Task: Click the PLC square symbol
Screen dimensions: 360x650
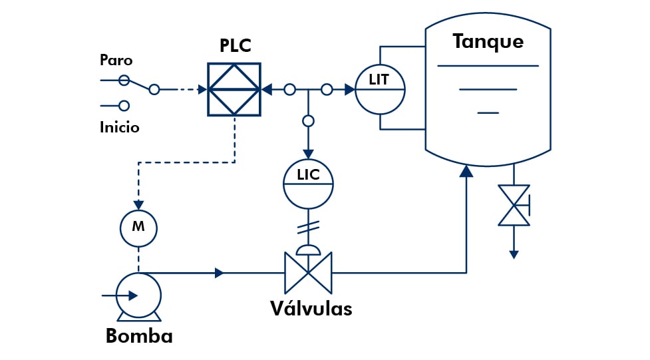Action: click(x=234, y=89)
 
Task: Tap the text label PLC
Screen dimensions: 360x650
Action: click(x=236, y=47)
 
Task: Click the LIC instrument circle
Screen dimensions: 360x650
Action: click(x=308, y=184)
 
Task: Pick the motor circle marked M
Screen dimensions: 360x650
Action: click(x=138, y=226)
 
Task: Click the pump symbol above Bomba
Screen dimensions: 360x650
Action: click(x=138, y=295)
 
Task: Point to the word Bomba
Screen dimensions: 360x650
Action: click(x=139, y=336)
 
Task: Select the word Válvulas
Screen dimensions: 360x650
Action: click(x=311, y=309)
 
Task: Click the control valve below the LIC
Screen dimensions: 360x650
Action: click(x=308, y=272)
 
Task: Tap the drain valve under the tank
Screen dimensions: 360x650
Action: click(x=514, y=206)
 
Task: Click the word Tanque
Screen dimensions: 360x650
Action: click(x=488, y=41)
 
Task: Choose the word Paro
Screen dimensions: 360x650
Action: click(x=116, y=60)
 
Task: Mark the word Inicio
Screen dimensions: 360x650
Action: click(x=120, y=126)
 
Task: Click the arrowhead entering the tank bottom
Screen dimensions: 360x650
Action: click(x=466, y=171)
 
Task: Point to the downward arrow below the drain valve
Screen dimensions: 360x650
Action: click(x=514, y=253)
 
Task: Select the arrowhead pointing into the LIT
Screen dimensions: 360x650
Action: click(x=349, y=89)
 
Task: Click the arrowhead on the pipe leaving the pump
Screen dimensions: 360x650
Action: click(x=219, y=272)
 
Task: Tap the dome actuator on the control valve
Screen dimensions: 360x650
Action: click(x=308, y=250)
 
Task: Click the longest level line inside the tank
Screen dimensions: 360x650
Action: click(x=488, y=66)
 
